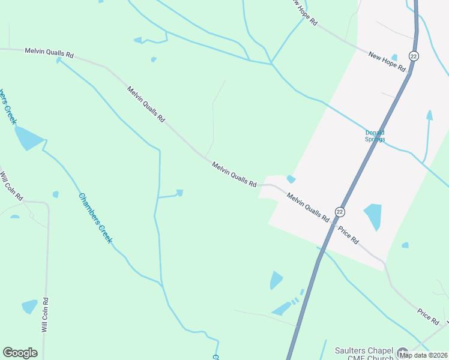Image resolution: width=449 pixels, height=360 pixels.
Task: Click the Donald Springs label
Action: click(375, 136)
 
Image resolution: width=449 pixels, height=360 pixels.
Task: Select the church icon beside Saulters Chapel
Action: click(402, 352)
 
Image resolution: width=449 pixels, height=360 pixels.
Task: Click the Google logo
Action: click(20, 352)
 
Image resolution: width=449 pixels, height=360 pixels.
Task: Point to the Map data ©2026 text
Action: click(424, 355)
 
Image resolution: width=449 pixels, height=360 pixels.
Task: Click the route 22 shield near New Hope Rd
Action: click(414, 56)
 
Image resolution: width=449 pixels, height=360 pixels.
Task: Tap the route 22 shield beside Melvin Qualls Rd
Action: click(340, 212)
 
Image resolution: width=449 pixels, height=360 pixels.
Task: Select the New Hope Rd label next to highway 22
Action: click(387, 62)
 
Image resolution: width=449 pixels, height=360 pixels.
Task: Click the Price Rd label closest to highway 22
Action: click(348, 235)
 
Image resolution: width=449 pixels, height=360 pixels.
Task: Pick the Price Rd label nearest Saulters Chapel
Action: click(429, 317)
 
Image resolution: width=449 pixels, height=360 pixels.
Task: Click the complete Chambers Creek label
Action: click(95, 217)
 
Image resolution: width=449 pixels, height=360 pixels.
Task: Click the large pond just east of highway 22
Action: click(373, 217)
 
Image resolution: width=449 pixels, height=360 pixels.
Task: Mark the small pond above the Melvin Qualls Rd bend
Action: click(291, 179)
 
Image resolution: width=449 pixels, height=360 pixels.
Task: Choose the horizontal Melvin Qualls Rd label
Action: click(49, 53)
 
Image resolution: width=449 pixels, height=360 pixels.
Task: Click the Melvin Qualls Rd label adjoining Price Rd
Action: click(308, 207)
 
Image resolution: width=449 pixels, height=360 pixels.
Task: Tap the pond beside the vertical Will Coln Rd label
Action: click(29, 307)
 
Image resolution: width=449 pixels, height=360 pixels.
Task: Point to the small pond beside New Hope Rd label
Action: click(394, 57)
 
